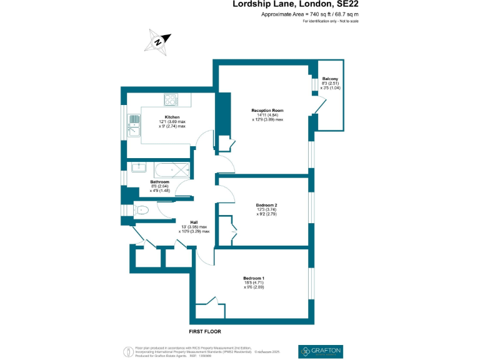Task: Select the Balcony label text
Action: click(x=330, y=78)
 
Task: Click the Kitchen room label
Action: click(x=172, y=117)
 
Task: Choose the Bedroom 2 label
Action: click(x=266, y=205)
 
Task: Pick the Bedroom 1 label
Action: click(x=254, y=278)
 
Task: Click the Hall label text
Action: click(x=194, y=221)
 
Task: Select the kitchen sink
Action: click(x=134, y=124)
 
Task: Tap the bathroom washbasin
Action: click(x=139, y=166)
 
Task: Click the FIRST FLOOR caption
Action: click(x=206, y=331)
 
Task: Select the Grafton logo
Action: click(x=321, y=351)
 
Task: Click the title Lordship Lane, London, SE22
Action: click(x=296, y=4)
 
